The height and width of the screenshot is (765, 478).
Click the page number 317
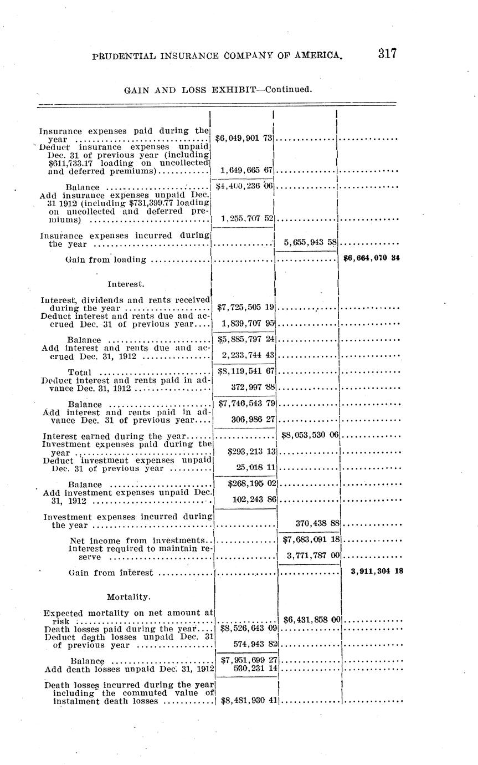[387, 53]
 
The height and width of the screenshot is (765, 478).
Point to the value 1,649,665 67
[248, 170]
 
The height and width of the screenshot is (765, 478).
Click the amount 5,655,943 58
[310, 243]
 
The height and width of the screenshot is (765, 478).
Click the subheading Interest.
[126, 284]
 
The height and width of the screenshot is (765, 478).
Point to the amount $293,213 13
[251, 452]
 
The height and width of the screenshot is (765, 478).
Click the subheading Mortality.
[128, 596]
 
